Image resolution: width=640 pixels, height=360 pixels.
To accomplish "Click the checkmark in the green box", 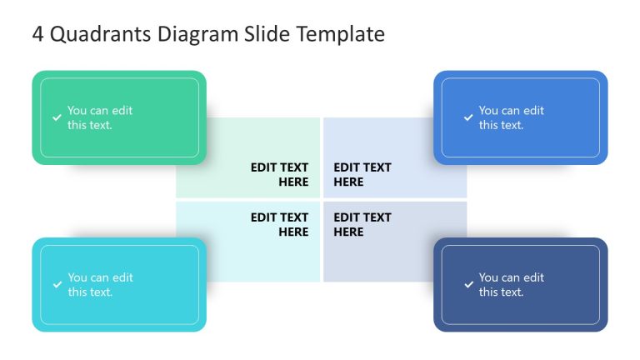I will point(57,117).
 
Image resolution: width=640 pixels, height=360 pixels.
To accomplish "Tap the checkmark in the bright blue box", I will point(468,117).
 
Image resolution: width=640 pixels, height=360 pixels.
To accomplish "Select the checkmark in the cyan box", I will point(57,285).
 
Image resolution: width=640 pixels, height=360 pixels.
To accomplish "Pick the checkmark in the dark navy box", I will point(468,285).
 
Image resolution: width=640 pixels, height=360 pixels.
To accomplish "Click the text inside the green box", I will point(100,117).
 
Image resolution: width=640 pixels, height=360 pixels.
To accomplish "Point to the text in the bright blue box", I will point(512,117).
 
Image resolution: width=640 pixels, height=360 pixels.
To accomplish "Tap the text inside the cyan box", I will point(100,285).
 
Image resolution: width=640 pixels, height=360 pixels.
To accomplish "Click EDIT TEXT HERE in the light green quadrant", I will point(279,174).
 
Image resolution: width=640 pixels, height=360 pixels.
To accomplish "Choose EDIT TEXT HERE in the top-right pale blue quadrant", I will point(362,174).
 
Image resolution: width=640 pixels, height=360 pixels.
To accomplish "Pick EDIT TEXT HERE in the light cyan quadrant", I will point(279,224).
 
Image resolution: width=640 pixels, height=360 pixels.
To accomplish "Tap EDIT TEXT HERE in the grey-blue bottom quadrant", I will point(362,224).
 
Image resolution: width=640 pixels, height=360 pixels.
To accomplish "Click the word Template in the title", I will point(343,34).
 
